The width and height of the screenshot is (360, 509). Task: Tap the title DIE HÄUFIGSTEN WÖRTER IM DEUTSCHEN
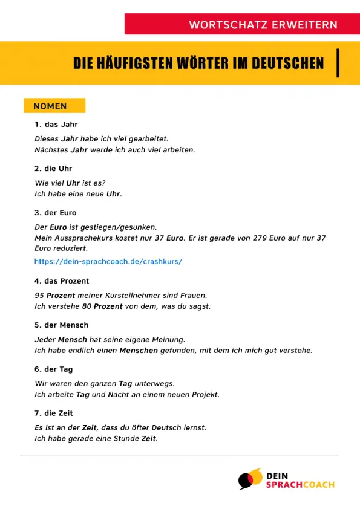pyautogui.click(x=198, y=63)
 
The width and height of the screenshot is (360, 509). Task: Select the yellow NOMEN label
pyautogui.click(x=54, y=106)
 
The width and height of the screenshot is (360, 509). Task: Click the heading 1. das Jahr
pyautogui.click(x=56, y=125)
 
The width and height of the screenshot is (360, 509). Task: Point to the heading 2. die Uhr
pyautogui.click(x=54, y=169)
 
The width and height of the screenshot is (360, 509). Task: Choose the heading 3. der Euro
pyautogui.click(x=56, y=213)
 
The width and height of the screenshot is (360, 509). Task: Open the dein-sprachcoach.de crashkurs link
pyautogui.click(x=108, y=262)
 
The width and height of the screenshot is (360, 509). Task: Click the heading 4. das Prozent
pyautogui.click(x=62, y=281)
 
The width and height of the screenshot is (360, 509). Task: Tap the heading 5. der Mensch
pyautogui.click(x=62, y=325)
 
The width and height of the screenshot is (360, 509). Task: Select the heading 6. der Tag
pyautogui.click(x=54, y=369)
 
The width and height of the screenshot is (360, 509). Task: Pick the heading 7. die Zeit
pyautogui.click(x=54, y=413)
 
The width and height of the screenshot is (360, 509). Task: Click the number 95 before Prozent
pyautogui.click(x=40, y=296)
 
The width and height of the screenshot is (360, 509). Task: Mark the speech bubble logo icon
pyautogui.click(x=249, y=479)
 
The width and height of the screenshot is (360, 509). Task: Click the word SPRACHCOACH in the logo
pyautogui.click(x=300, y=485)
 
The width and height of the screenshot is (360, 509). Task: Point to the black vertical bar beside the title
pyautogui.click(x=337, y=63)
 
